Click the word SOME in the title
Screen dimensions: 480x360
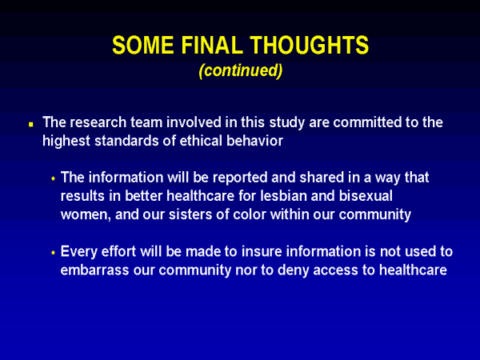(143, 45)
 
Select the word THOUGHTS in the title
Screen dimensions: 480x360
(309, 45)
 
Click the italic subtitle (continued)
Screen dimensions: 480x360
(240, 70)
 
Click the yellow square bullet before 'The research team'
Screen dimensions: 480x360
(31, 124)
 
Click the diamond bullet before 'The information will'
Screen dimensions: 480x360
(54, 178)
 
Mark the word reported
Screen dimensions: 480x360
(240, 178)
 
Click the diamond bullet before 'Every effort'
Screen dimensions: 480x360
(54, 253)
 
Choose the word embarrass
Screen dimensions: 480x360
(94, 270)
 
